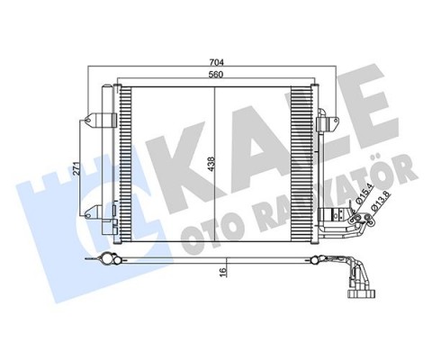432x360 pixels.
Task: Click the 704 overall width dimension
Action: (213, 62)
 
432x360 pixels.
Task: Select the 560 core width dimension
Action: (213, 75)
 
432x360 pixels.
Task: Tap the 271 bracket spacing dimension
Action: (78, 166)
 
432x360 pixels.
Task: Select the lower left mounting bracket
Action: (94, 212)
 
